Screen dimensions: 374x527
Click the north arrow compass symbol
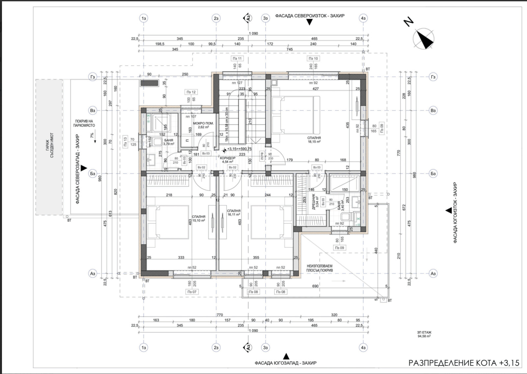(424, 38)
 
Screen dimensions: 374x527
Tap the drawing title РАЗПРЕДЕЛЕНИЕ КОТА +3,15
(464, 363)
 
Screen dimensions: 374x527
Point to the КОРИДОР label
(228, 158)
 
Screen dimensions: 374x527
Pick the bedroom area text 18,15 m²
(314, 141)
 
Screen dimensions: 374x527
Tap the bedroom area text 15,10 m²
(199, 220)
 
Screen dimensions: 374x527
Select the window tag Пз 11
(237, 58)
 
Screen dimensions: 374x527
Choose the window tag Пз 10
(313, 58)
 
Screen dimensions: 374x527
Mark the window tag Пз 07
(192, 292)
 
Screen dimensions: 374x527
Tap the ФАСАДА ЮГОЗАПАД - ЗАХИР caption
(286, 363)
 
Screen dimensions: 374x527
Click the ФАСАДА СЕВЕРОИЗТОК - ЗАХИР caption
(310, 16)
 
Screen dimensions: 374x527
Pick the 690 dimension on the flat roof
(315, 286)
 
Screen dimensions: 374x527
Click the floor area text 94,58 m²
(424, 336)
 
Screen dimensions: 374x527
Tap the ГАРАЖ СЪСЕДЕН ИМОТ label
(49, 145)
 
